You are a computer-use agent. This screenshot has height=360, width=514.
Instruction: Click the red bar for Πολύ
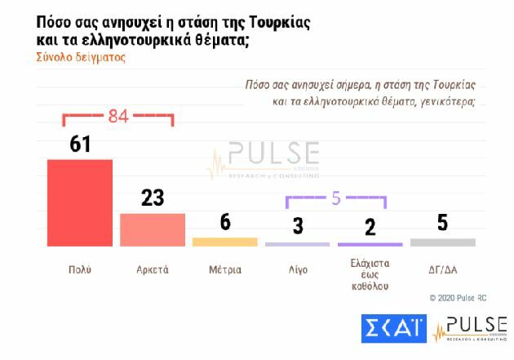tap(80, 202)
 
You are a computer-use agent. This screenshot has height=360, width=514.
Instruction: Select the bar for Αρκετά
tap(153, 229)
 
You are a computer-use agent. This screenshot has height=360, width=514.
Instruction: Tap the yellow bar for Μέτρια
tap(225, 242)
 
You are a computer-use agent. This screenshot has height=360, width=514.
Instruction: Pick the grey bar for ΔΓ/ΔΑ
tap(443, 242)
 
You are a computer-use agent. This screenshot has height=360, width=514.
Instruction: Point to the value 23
tap(153, 198)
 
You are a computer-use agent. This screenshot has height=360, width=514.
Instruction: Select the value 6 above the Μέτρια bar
tap(225, 223)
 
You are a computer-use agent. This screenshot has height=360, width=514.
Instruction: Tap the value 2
tap(370, 228)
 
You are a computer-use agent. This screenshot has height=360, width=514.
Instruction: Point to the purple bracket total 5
tap(335, 198)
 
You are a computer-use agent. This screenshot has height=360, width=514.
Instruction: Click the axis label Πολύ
tap(80, 269)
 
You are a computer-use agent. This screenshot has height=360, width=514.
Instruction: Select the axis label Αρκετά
tap(153, 269)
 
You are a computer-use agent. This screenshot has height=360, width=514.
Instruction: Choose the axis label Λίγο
tap(298, 269)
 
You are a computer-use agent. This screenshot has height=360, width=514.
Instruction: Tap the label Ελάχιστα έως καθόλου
tap(370, 276)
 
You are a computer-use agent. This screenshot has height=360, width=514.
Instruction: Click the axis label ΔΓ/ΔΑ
tap(443, 269)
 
